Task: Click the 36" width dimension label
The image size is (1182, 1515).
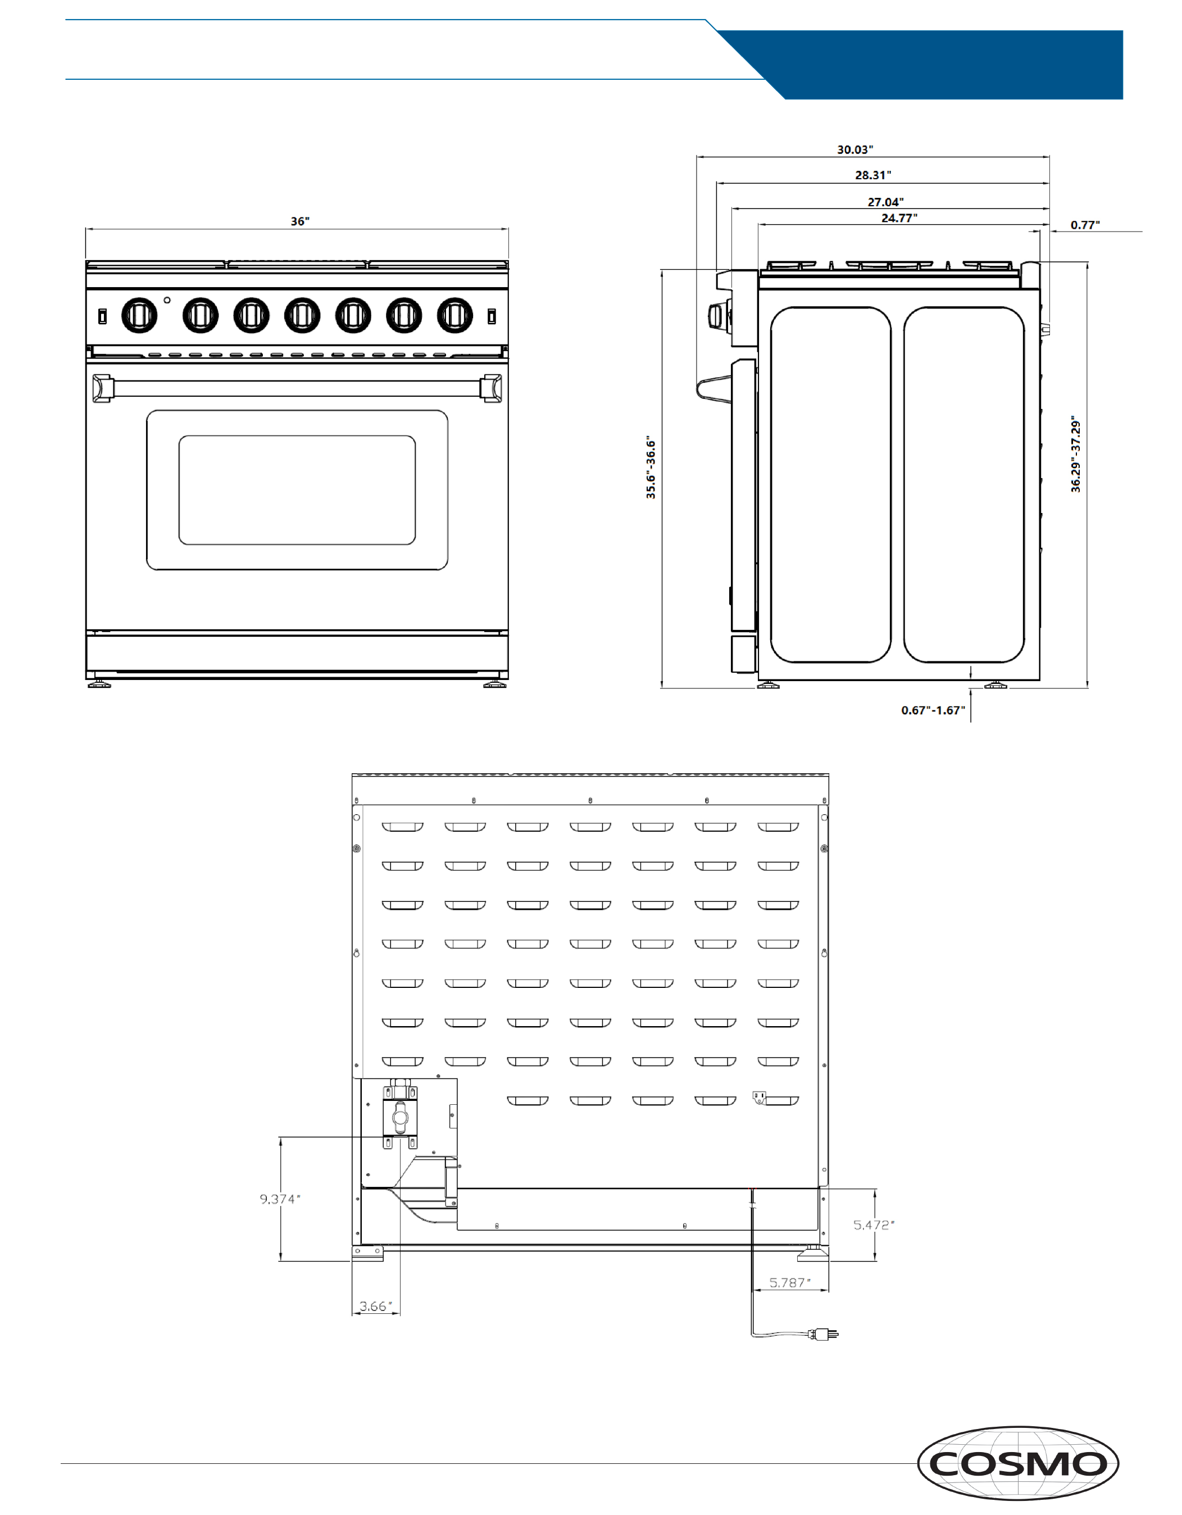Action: click(x=299, y=221)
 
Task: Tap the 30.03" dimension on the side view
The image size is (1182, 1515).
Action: click(x=854, y=150)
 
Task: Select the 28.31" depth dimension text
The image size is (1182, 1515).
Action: click(x=872, y=175)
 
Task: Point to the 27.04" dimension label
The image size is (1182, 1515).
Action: click(x=885, y=202)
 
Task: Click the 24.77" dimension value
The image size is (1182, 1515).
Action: click(x=899, y=218)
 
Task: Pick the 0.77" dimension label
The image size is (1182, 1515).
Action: click(x=1085, y=225)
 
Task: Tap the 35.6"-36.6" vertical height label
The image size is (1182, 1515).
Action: click(x=651, y=468)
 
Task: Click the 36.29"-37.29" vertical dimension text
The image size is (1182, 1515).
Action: click(x=1075, y=455)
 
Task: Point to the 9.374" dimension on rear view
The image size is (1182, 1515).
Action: click(x=280, y=1199)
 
